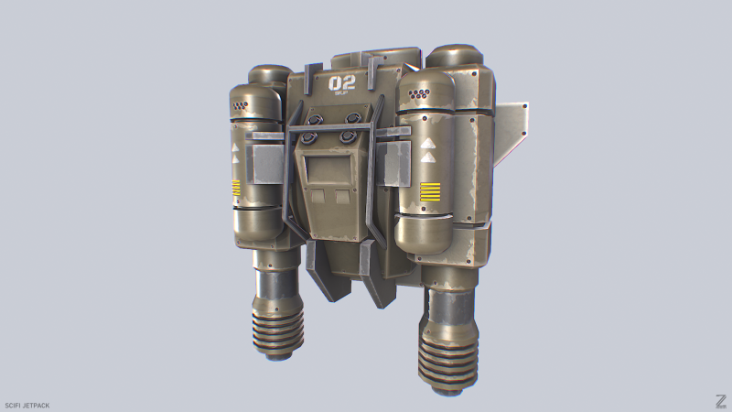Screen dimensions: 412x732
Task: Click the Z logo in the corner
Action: point(720,400)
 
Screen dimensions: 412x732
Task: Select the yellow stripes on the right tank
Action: point(431,191)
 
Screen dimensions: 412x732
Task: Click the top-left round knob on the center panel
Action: point(317,119)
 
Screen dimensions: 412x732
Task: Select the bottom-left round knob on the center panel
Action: point(310,138)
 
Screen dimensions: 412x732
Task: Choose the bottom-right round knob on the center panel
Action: point(348,137)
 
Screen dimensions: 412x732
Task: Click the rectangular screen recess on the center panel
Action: point(326,168)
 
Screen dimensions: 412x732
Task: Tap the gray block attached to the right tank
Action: point(396,161)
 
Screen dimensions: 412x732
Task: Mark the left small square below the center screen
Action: point(317,196)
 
